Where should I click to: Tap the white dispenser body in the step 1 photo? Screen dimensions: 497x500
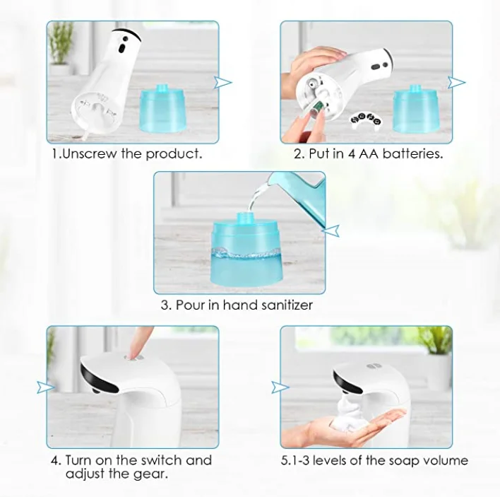point(106,78)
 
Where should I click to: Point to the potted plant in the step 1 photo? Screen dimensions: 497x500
point(61,47)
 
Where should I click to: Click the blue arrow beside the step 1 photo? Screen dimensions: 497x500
point(224,83)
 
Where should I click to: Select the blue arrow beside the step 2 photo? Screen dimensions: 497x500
point(457,83)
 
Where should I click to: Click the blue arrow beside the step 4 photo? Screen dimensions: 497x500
point(47,387)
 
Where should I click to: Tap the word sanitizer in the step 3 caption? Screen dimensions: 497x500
point(282,305)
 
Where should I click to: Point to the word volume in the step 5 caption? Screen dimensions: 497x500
point(445,460)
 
